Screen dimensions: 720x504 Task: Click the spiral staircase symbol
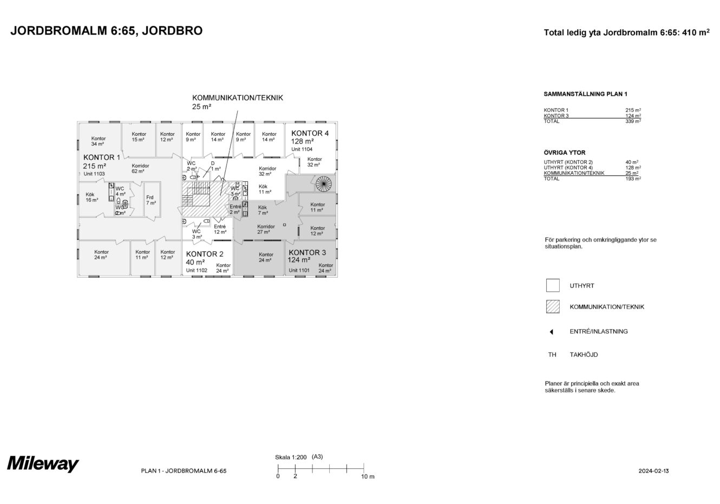click(323, 184)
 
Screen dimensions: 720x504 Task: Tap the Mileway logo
click(43, 464)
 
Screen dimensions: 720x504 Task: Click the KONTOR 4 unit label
click(310, 133)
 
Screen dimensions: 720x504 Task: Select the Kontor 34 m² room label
click(98, 141)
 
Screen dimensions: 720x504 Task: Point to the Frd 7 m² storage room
click(151, 200)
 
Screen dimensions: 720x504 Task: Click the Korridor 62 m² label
click(140, 168)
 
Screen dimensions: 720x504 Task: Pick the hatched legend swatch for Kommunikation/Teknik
click(553, 306)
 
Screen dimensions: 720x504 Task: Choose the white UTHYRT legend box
click(553, 285)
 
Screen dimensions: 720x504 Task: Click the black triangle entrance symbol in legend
click(552, 332)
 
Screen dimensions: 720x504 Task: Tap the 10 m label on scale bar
click(368, 476)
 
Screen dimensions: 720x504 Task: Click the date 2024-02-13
click(653, 471)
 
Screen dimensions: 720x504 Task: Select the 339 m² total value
click(633, 121)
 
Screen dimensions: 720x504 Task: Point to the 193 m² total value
click(633, 179)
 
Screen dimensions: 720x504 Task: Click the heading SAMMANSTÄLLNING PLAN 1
click(585, 94)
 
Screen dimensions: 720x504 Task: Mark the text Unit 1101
click(299, 270)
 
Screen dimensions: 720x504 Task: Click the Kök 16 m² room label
click(91, 198)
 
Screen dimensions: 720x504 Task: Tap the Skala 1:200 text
click(291, 457)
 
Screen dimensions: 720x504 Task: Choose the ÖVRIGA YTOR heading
click(565, 153)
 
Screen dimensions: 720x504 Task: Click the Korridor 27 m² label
click(266, 229)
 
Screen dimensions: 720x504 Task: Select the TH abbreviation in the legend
click(552, 355)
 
